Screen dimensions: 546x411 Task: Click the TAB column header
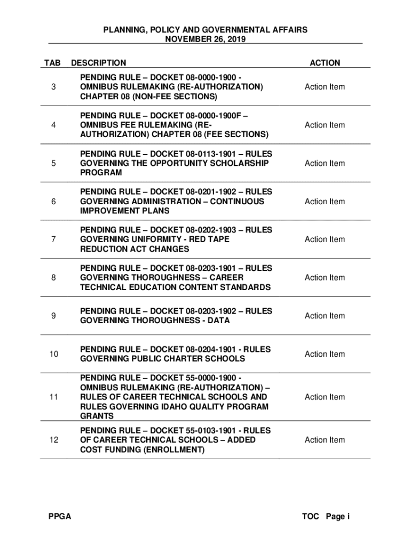[53, 63]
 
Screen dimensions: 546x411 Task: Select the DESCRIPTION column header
[99, 63]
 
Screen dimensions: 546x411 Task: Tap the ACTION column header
[325, 63]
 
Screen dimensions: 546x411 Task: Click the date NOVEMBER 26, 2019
[205, 39]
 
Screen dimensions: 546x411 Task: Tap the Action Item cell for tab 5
[325, 163]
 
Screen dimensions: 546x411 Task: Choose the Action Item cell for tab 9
[325, 316]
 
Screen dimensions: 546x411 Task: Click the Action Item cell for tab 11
[325, 397]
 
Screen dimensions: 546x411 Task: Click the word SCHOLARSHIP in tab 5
[241, 163]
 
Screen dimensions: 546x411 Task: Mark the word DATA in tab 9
[219, 320]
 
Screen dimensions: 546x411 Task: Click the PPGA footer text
[59, 516]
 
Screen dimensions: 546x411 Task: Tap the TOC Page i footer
[326, 516]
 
